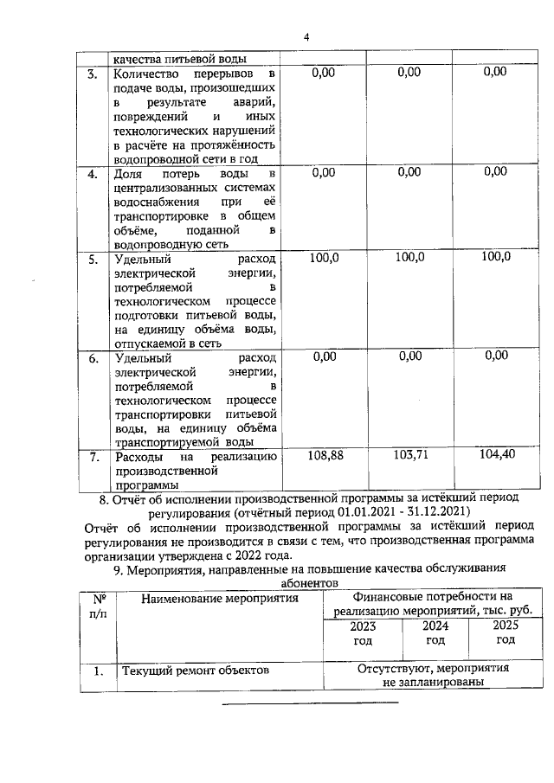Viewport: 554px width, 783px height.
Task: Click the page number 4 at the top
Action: coord(306,36)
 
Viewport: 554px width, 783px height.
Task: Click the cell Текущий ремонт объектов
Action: coord(196,670)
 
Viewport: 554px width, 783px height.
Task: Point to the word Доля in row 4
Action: coord(130,173)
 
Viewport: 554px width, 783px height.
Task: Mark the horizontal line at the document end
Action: coord(311,702)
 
